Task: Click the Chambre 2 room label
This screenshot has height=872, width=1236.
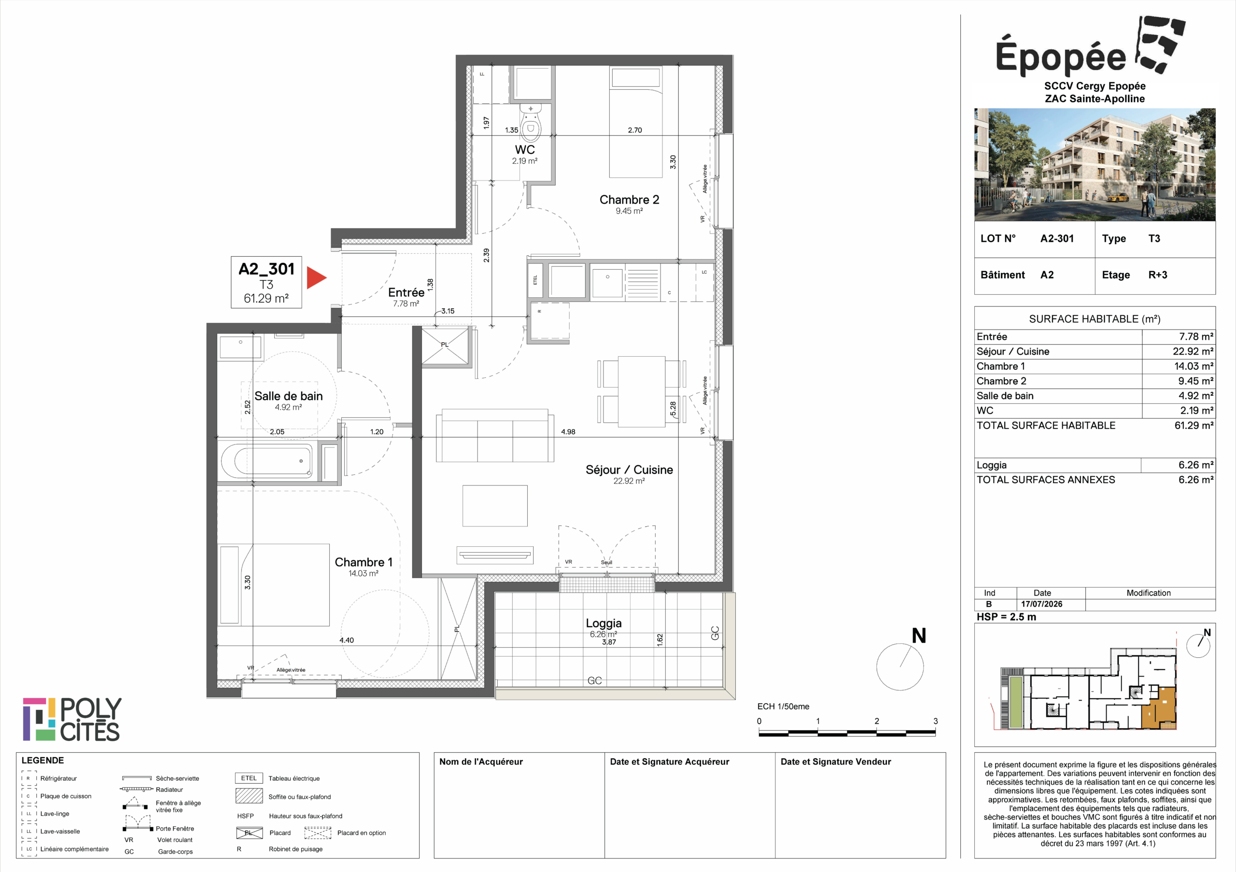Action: (629, 200)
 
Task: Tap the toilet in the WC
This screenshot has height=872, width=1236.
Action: (531, 122)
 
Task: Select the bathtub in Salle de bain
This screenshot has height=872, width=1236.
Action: (267, 460)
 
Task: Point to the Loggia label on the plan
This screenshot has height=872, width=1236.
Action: (604, 623)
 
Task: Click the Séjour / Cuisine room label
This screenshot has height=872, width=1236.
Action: (629, 470)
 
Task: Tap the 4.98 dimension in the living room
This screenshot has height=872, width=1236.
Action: (568, 431)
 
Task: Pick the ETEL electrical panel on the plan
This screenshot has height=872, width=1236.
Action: (535, 280)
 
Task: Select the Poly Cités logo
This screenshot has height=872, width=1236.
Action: (72, 719)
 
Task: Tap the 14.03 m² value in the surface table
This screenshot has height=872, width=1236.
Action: (1194, 366)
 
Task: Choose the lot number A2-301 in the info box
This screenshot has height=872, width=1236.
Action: (1057, 238)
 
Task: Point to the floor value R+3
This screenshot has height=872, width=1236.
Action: (1157, 275)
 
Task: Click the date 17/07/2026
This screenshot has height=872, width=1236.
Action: (1041, 604)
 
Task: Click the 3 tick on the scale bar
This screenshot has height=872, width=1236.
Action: (935, 721)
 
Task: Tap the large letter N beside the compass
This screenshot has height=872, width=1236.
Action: (919, 636)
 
